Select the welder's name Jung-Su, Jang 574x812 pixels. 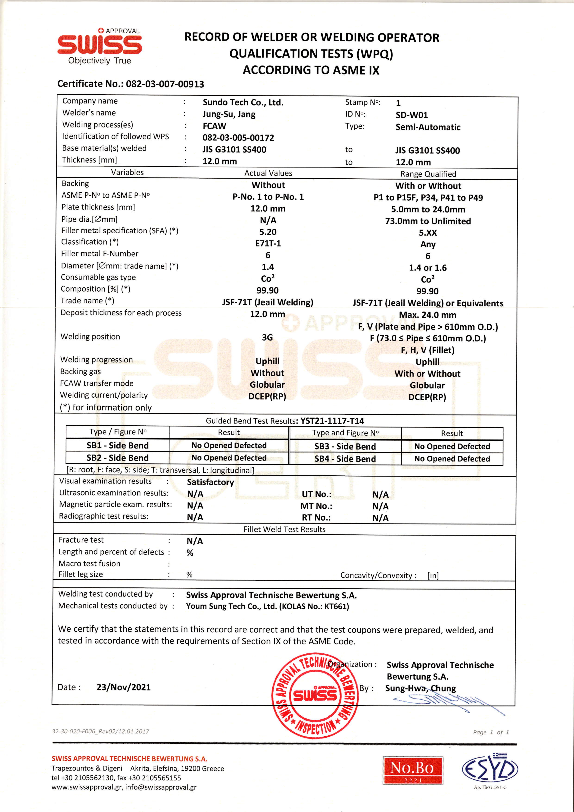click(229, 114)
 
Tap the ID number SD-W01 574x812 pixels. click(412, 115)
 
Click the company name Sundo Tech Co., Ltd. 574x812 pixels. click(243, 103)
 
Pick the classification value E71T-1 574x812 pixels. click(268, 243)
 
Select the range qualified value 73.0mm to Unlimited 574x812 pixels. click(428, 221)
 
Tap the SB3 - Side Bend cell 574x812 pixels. click(345, 446)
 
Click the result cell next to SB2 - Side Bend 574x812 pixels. click(229, 458)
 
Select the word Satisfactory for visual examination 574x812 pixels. click(210, 482)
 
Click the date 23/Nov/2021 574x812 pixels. click(123, 687)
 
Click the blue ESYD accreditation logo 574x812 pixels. click(490, 769)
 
